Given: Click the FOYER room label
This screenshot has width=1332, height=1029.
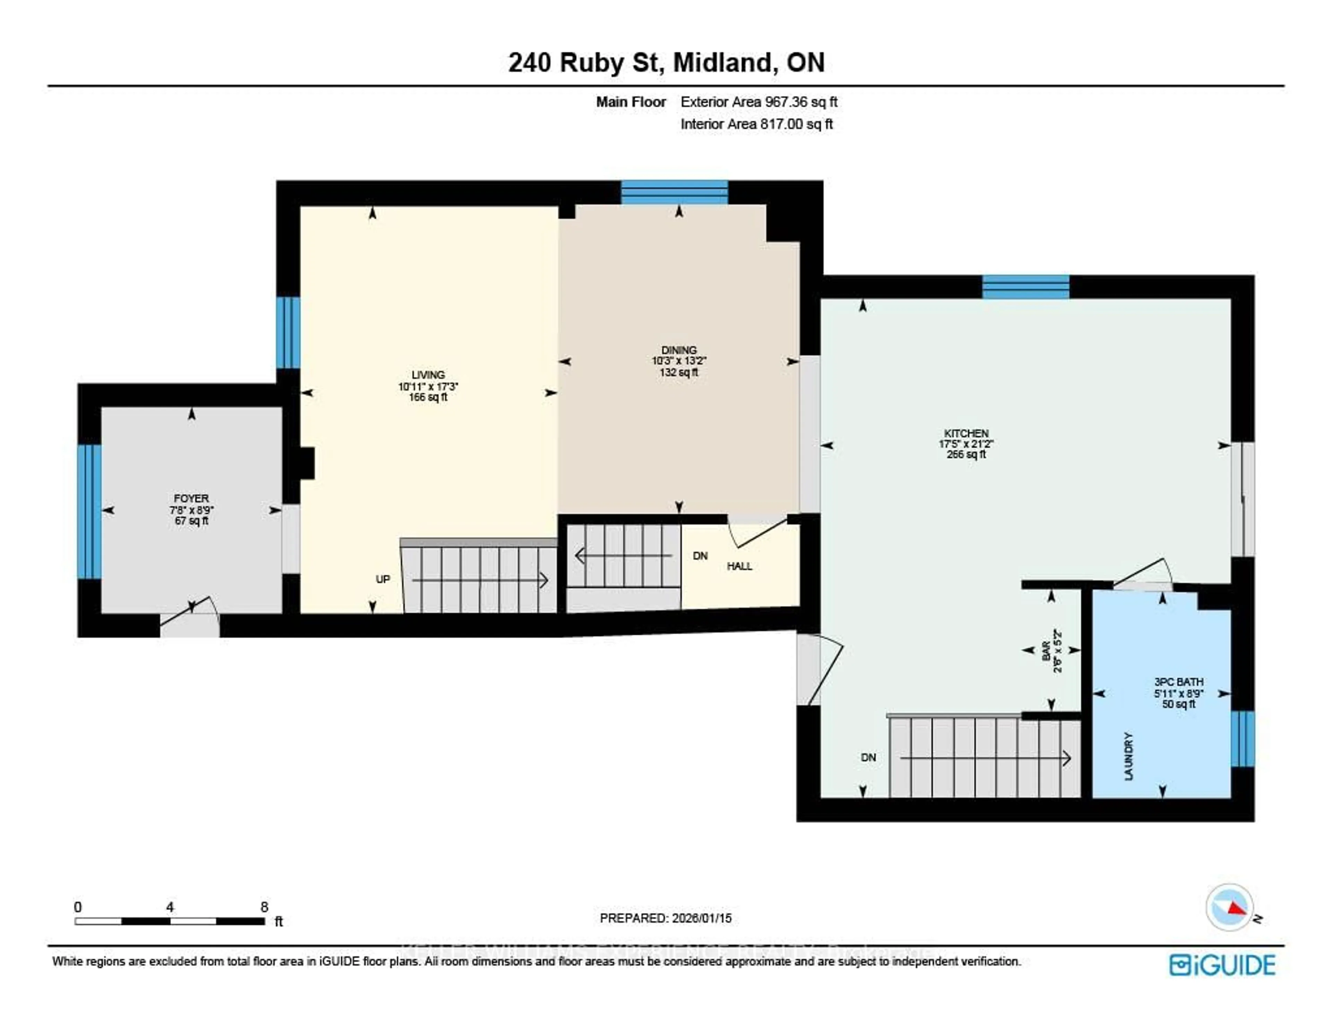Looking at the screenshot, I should click(191, 498).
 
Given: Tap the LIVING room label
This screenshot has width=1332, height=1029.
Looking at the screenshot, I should click(428, 375).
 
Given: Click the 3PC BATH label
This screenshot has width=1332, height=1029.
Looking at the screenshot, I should click(1178, 682).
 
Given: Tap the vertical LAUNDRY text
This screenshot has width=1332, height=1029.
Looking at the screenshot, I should click(1128, 756).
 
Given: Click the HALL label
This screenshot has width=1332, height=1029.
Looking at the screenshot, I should click(739, 566).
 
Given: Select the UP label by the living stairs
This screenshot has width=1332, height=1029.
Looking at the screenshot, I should click(382, 579).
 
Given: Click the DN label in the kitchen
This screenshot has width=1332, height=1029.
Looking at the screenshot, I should click(868, 758).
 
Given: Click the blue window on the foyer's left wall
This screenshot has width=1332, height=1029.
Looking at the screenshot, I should click(89, 511).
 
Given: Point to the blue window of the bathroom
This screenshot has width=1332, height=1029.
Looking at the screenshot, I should click(1243, 739).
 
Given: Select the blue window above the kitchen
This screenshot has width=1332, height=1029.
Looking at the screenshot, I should click(1025, 287).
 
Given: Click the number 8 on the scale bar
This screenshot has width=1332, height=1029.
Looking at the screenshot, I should click(264, 907).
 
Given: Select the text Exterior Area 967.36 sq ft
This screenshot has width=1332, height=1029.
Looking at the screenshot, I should click(759, 102).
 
